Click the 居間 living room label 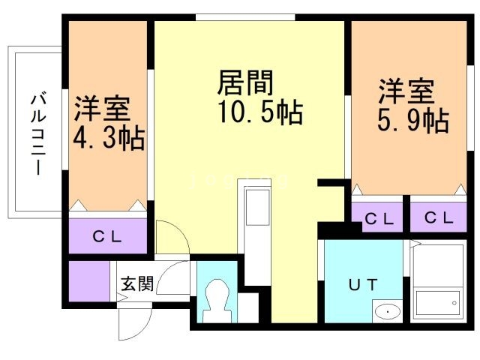pos(245,82)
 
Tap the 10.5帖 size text pos(260,112)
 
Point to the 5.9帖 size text pos(413,120)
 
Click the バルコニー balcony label pos(38,135)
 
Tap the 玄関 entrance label pos(137,283)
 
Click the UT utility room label pos(363,285)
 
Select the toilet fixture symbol pos(217,301)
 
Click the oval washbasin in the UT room pos(388,312)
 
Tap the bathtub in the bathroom pos(438,303)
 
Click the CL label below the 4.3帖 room pos(107,236)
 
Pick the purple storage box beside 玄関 pos(89,281)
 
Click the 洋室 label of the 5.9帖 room pos(406,91)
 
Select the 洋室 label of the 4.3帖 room pos(103,109)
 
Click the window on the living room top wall pos(245,17)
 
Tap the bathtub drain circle pos(454,303)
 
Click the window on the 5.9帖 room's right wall pos(470,108)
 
